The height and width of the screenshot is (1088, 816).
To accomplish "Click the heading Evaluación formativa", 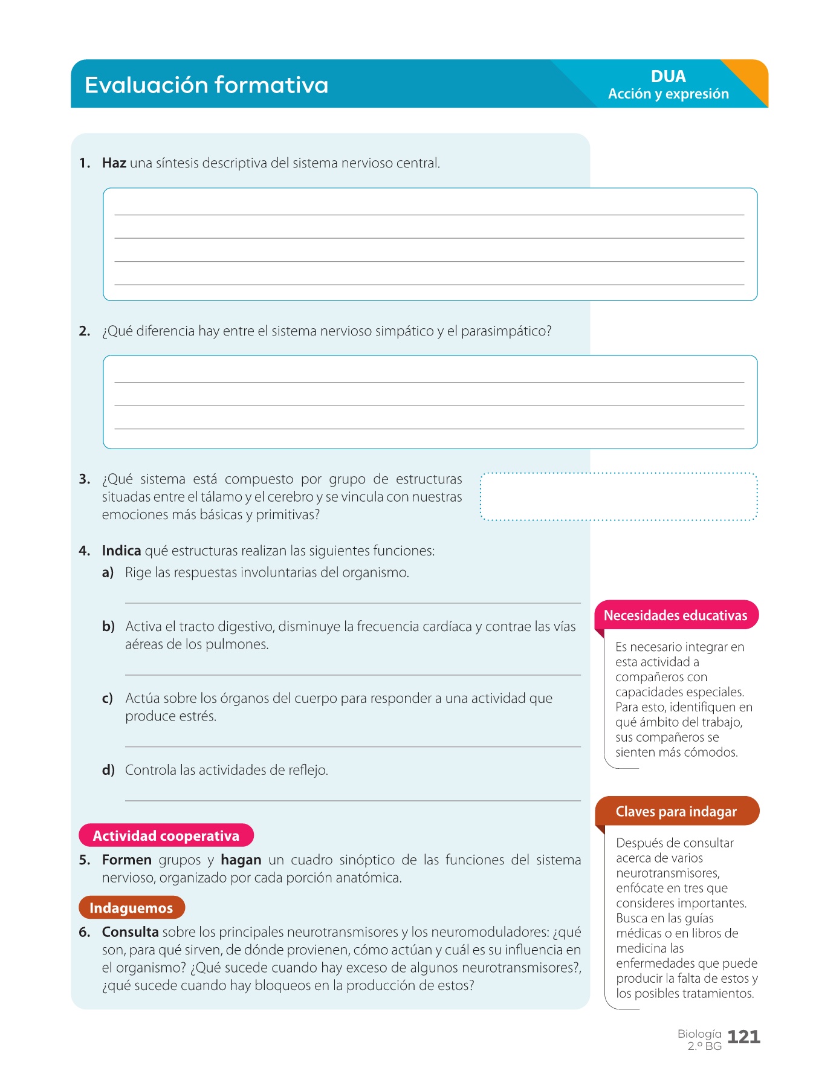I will (x=206, y=85).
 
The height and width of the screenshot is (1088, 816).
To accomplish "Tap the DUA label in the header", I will (x=668, y=77).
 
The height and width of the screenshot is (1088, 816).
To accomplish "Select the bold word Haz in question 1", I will (x=114, y=163).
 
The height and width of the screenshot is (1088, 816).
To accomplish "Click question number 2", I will (x=85, y=331).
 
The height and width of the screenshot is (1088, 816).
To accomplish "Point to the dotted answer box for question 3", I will (x=618, y=496).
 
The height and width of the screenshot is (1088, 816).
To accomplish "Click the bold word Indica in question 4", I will (x=121, y=551).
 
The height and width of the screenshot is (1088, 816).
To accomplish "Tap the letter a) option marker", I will (x=108, y=572).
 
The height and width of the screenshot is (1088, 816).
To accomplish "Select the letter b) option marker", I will (x=108, y=627).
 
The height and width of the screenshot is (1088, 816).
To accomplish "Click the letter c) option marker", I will (x=108, y=699).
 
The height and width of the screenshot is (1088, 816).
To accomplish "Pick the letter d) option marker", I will (x=108, y=770).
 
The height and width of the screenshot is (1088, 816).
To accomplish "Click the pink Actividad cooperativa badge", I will (x=166, y=835).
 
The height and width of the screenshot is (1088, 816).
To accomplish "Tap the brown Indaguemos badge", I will (x=131, y=908).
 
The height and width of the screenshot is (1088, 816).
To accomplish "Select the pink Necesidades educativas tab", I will (x=676, y=615).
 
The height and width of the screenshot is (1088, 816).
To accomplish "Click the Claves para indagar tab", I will (x=676, y=811).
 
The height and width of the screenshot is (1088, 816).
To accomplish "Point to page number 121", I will (x=743, y=1037).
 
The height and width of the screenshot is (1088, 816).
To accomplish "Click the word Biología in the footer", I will (x=699, y=1034).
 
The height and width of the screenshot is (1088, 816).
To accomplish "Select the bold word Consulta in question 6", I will (x=130, y=932).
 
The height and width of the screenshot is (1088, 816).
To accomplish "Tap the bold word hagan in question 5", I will (x=241, y=860).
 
